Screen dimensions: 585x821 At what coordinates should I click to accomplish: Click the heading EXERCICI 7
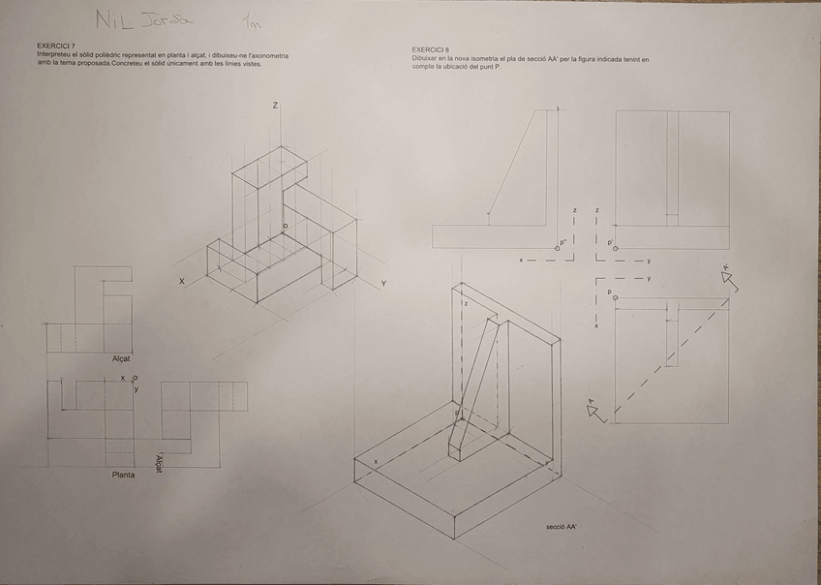click(55, 46)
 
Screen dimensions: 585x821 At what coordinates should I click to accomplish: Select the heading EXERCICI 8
click(430, 49)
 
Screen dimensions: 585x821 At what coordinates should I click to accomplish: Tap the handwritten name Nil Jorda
click(146, 19)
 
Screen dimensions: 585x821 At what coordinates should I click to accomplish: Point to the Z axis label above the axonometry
click(275, 105)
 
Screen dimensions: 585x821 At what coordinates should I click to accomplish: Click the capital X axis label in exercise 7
click(181, 281)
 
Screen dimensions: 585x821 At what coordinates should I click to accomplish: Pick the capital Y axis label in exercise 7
click(383, 284)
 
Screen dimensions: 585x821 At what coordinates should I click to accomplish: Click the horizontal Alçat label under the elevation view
click(122, 358)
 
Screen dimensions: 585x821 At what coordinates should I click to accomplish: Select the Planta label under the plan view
click(123, 475)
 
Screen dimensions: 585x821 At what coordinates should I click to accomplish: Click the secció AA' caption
click(561, 527)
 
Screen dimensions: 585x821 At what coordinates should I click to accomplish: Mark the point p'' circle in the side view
click(557, 248)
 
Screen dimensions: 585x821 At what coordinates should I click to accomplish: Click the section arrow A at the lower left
click(593, 410)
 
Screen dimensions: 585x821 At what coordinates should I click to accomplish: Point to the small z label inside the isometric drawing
click(466, 303)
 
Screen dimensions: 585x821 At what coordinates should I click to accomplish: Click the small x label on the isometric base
click(376, 461)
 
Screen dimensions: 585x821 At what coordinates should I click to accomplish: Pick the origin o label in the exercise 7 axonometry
click(285, 226)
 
